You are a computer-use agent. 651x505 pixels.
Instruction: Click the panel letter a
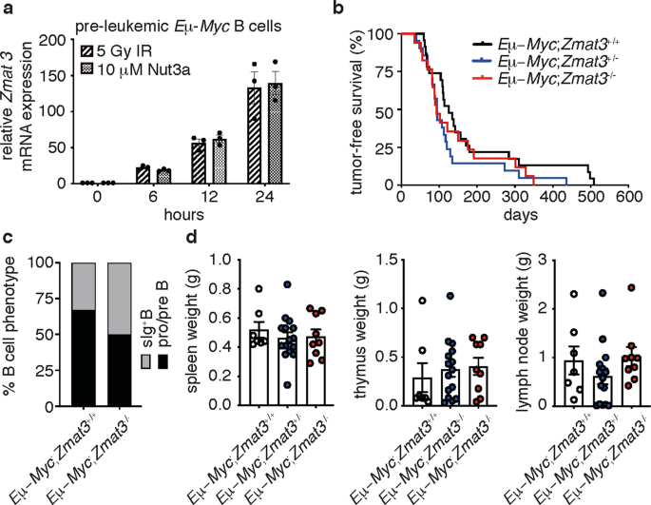click(x=8, y=9)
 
